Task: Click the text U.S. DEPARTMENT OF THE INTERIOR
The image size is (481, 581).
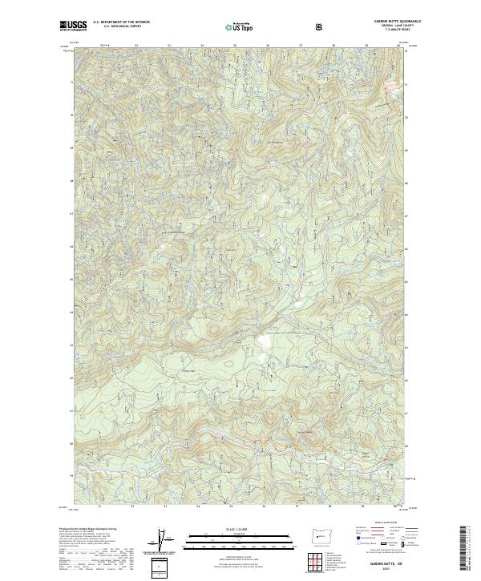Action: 120,23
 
